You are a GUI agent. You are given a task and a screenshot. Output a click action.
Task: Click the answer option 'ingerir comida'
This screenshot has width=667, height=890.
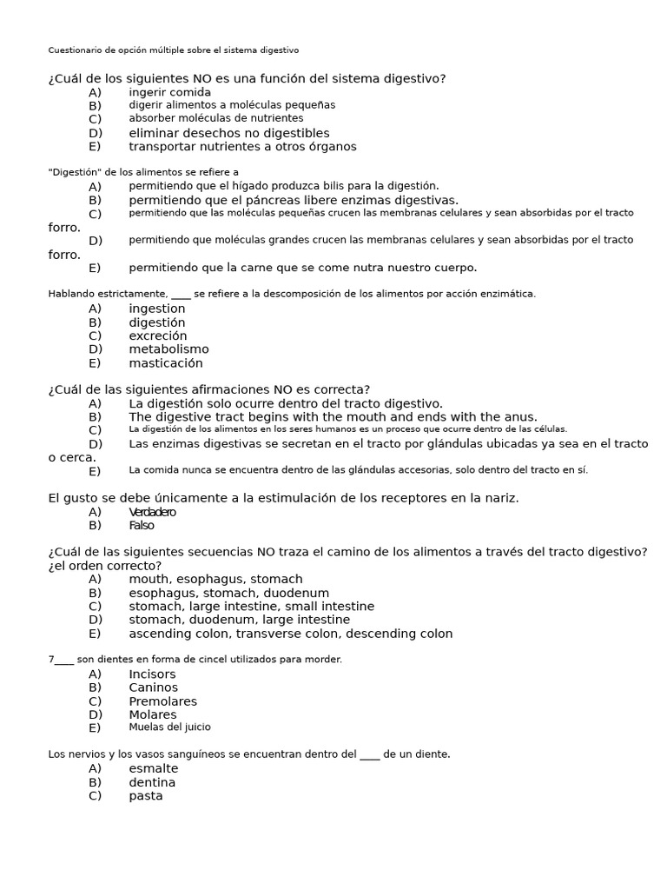coord(169,92)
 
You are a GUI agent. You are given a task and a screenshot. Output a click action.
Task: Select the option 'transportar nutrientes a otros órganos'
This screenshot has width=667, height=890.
coord(242,147)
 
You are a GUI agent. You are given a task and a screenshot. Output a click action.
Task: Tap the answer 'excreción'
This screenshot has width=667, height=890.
coord(157,336)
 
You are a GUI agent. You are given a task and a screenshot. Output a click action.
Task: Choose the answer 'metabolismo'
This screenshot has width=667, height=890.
coord(168,349)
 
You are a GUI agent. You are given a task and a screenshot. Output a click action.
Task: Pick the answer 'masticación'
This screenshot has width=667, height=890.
coord(165,363)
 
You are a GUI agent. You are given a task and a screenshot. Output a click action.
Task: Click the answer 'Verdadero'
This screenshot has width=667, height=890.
coord(152,512)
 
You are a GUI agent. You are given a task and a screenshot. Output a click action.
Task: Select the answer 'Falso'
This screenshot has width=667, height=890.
coord(142,526)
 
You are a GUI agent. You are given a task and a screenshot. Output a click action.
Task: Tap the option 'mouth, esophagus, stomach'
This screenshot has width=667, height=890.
coord(215,579)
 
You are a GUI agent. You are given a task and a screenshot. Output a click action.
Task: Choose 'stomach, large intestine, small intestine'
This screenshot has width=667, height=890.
coord(251,607)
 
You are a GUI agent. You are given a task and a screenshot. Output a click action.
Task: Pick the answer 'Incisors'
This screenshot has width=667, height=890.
coord(152,674)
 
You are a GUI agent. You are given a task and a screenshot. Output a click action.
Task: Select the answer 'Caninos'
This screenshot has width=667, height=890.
coord(153,687)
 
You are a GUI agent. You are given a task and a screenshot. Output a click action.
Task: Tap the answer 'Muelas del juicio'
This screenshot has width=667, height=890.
coord(169,727)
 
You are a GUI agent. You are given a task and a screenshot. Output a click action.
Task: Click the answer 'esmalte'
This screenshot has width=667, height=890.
coord(153,768)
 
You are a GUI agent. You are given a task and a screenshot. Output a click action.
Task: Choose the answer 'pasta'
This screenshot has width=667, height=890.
coord(146,796)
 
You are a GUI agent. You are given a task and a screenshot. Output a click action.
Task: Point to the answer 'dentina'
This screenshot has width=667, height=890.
coord(152,782)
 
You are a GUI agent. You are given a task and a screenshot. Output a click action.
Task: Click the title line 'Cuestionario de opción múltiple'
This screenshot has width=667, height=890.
coord(173,50)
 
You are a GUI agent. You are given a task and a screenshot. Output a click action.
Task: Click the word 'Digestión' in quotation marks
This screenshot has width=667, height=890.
coord(76,172)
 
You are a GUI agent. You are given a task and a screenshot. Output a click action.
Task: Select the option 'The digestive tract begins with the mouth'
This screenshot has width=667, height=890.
coord(333,417)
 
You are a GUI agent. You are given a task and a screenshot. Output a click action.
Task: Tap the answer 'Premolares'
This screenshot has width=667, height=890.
coord(162,701)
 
